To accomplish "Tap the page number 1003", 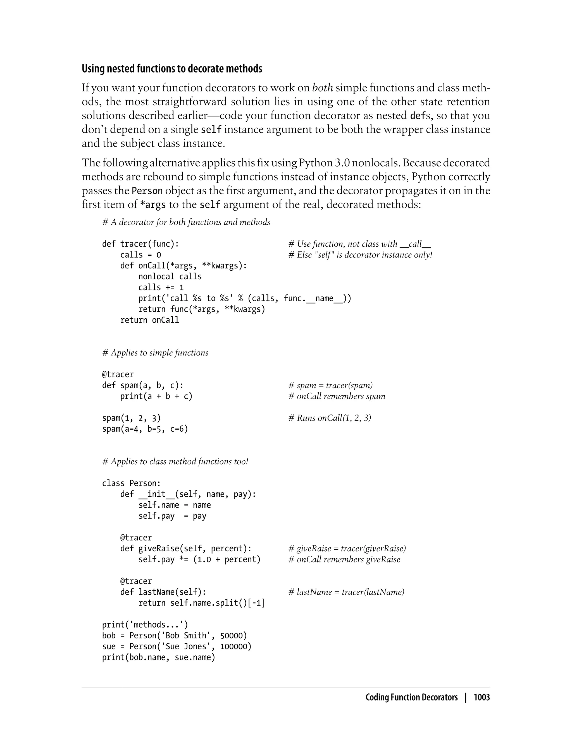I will (x=482, y=698).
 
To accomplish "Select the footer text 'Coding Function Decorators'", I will (x=411, y=698).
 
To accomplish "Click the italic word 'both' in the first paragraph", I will (x=322, y=88).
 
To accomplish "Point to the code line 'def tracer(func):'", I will (x=140, y=244).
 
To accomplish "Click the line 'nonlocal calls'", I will (x=170, y=277).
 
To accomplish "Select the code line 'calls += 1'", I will (x=161, y=287).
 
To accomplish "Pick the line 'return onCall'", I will (x=149, y=320).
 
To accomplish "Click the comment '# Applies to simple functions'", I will (x=155, y=353).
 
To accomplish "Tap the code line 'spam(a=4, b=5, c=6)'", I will (x=145, y=429).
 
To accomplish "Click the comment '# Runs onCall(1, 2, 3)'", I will (x=330, y=418).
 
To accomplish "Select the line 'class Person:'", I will (x=131, y=483).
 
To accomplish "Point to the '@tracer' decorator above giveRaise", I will (x=136, y=538).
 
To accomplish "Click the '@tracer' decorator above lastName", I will (x=136, y=581).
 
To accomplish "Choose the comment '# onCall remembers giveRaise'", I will (x=344, y=559).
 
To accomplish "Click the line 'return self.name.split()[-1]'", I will (x=202, y=603).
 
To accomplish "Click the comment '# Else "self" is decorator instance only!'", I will (x=360, y=255).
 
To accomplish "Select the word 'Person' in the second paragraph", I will (x=147, y=191).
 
